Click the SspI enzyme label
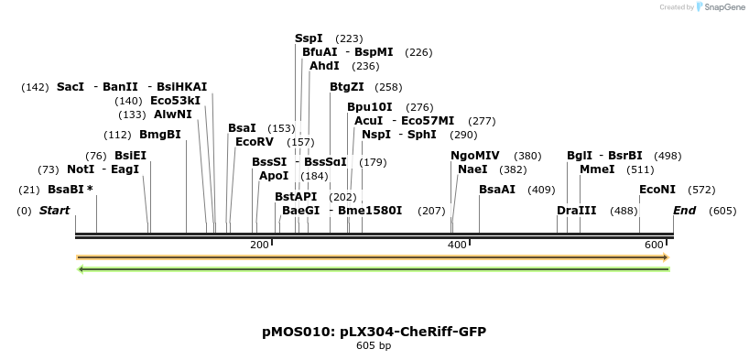[x=309, y=38]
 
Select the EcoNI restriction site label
[x=657, y=190]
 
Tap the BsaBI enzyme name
[x=67, y=190]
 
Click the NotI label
[x=81, y=169]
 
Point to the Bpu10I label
[x=370, y=107]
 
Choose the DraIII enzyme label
[x=576, y=211]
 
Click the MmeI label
[x=596, y=169]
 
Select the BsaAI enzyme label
[x=497, y=190]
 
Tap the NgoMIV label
[x=475, y=156]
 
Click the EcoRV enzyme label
[x=255, y=142]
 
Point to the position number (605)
[x=722, y=211]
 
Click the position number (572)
[x=701, y=190]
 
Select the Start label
[x=54, y=211]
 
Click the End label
[x=684, y=211]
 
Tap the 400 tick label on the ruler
[x=457, y=245]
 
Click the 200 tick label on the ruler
[x=259, y=245]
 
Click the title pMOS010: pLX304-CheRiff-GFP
[x=374, y=331]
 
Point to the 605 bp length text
[x=374, y=346]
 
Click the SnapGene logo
[x=718, y=7]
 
